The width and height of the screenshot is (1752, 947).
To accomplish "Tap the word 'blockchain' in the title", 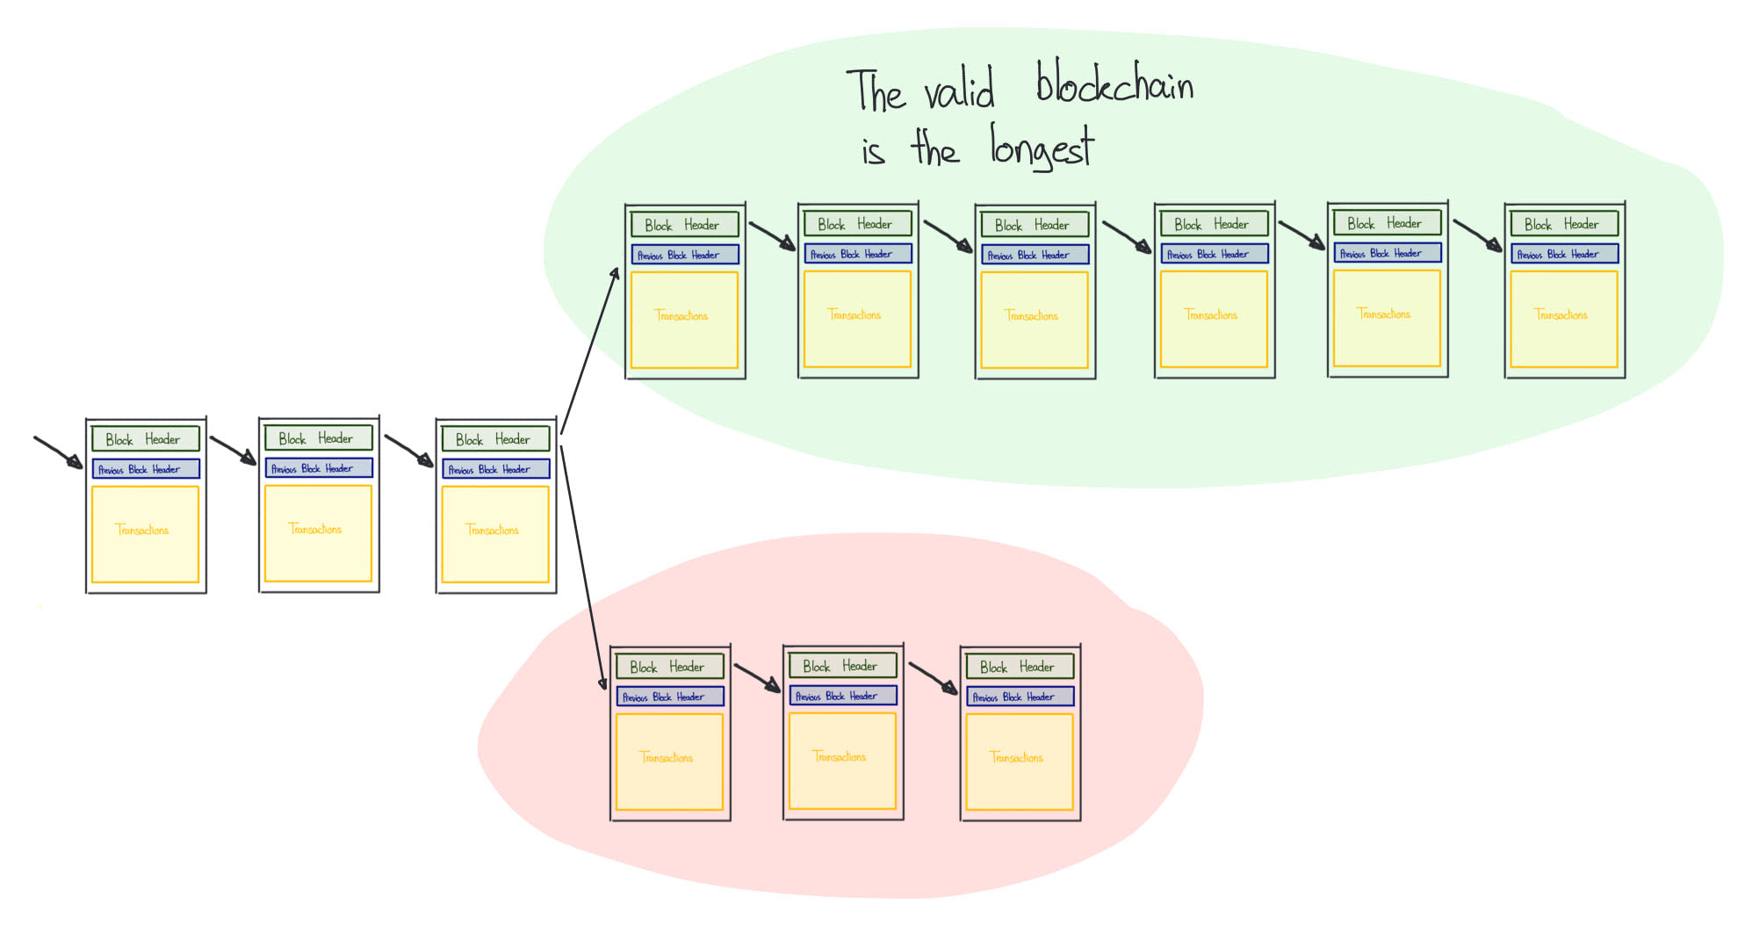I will (1114, 84).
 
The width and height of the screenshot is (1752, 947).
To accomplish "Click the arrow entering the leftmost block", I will (58, 452).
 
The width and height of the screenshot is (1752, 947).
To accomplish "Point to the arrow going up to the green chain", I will (589, 351).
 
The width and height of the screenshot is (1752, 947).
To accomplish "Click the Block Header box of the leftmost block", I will (145, 438).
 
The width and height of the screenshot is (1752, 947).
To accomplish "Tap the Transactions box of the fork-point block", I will (495, 534).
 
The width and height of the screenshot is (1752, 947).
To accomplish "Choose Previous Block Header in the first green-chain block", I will (684, 255).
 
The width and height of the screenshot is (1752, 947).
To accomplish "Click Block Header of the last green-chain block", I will (1563, 224).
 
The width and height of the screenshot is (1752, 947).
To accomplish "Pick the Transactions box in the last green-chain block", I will (1563, 319).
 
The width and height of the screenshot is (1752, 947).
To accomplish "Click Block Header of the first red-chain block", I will (669, 667).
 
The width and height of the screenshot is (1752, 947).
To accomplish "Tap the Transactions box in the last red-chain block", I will (1019, 761).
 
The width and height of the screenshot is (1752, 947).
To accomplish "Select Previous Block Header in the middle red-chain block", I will (842, 696).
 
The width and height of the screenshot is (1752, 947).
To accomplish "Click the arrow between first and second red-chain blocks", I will (757, 677).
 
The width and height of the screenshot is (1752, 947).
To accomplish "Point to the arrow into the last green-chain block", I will (1477, 235).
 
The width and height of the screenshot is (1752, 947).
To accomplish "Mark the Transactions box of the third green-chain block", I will (1034, 320).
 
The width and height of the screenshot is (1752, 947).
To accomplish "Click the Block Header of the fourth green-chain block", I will (1214, 224).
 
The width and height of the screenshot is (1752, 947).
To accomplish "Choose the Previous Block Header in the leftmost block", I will (145, 469).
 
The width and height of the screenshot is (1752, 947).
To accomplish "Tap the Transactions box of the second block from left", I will (318, 533).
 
